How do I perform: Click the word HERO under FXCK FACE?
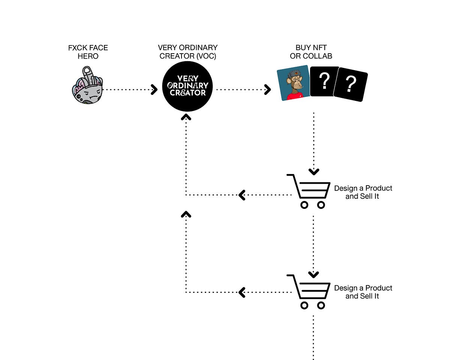click(88, 56)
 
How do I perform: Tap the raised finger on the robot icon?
click(87, 73)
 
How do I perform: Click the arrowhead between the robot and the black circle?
click(154, 90)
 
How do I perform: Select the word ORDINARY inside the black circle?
click(187, 86)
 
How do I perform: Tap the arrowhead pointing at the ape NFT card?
click(267, 90)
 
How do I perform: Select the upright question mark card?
click(324, 82)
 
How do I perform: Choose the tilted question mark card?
click(351, 85)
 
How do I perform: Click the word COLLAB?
click(319, 56)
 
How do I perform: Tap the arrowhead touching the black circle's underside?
click(186, 117)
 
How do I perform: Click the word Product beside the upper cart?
click(379, 188)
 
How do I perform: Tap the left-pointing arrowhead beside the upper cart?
click(242, 195)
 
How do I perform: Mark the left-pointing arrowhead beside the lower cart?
click(242, 292)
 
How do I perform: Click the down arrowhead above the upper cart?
click(313, 172)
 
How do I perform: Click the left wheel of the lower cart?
click(304, 305)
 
